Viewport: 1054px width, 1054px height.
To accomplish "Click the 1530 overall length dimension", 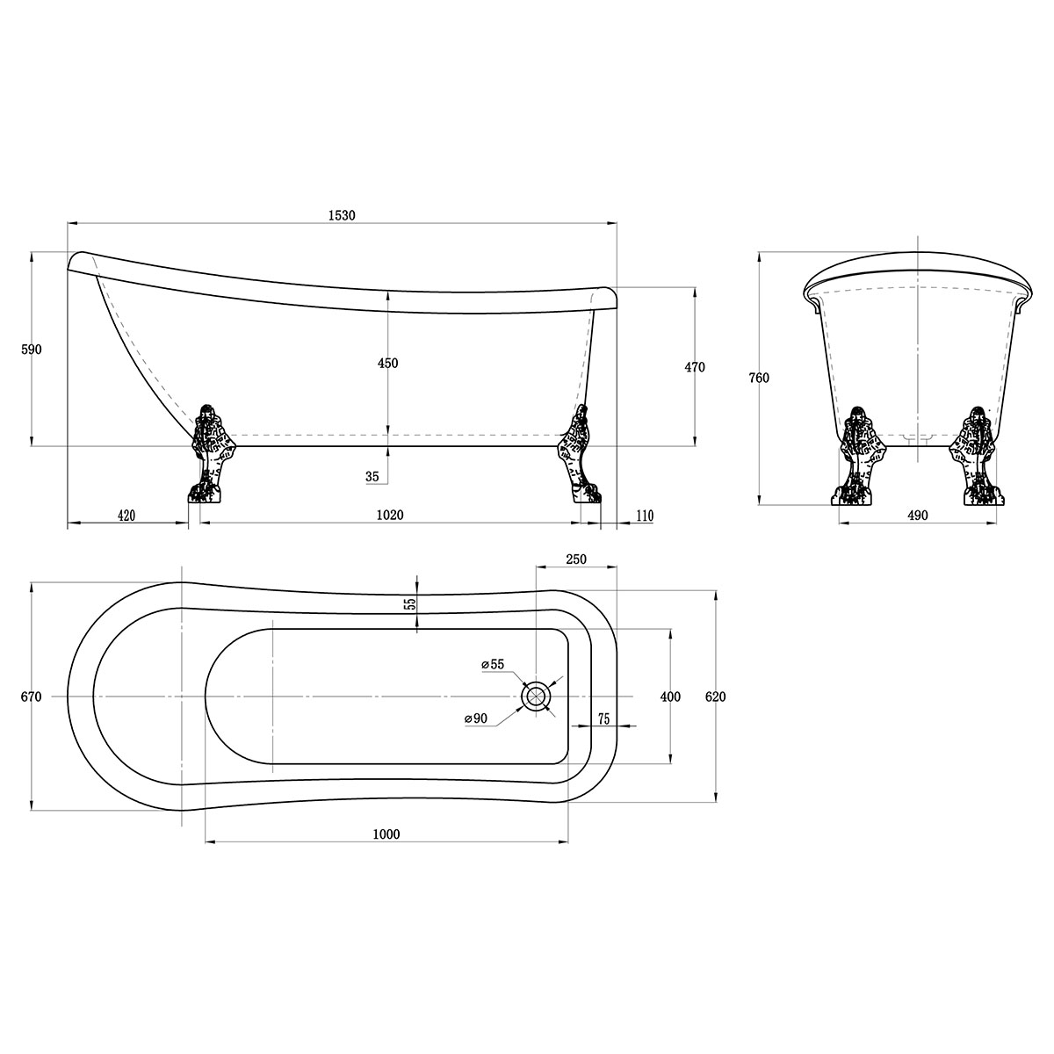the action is (x=342, y=215).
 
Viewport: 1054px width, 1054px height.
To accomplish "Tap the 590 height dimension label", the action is (x=31, y=349).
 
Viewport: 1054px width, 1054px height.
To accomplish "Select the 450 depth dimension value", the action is (x=388, y=363).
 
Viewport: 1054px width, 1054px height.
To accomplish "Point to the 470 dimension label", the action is (x=695, y=367).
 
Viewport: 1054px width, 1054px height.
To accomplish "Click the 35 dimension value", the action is (x=372, y=476).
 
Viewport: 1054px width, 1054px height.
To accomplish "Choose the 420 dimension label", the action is (x=126, y=516).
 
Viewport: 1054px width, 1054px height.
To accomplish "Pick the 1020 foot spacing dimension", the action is (x=390, y=515).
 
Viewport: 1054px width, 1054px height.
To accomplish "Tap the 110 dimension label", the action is (x=645, y=516).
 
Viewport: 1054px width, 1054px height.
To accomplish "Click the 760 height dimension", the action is (x=759, y=378).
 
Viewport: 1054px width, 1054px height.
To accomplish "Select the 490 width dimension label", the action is (x=918, y=515).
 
